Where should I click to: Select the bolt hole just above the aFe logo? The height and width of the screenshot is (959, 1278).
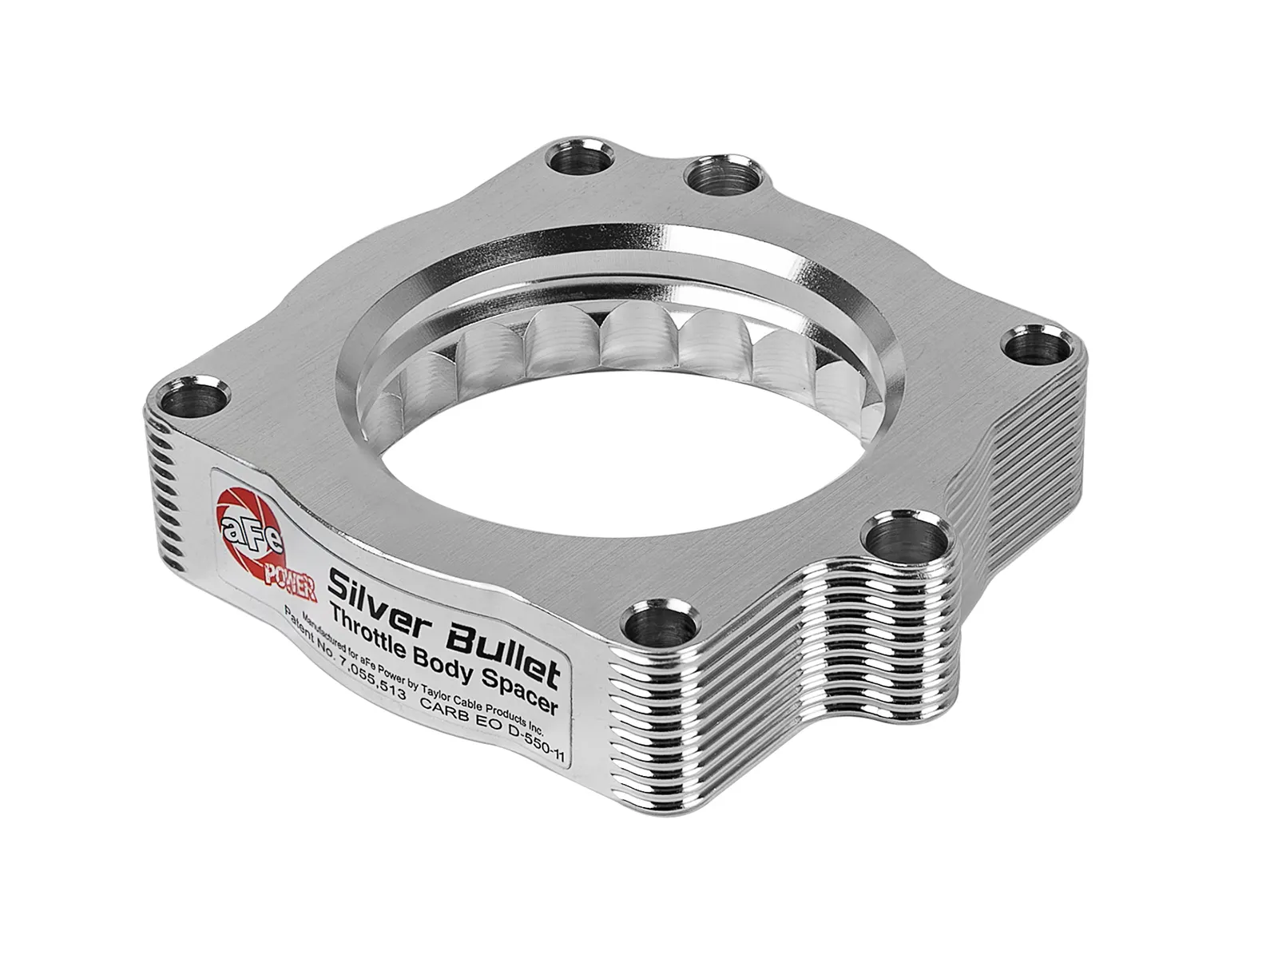click(x=192, y=396)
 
